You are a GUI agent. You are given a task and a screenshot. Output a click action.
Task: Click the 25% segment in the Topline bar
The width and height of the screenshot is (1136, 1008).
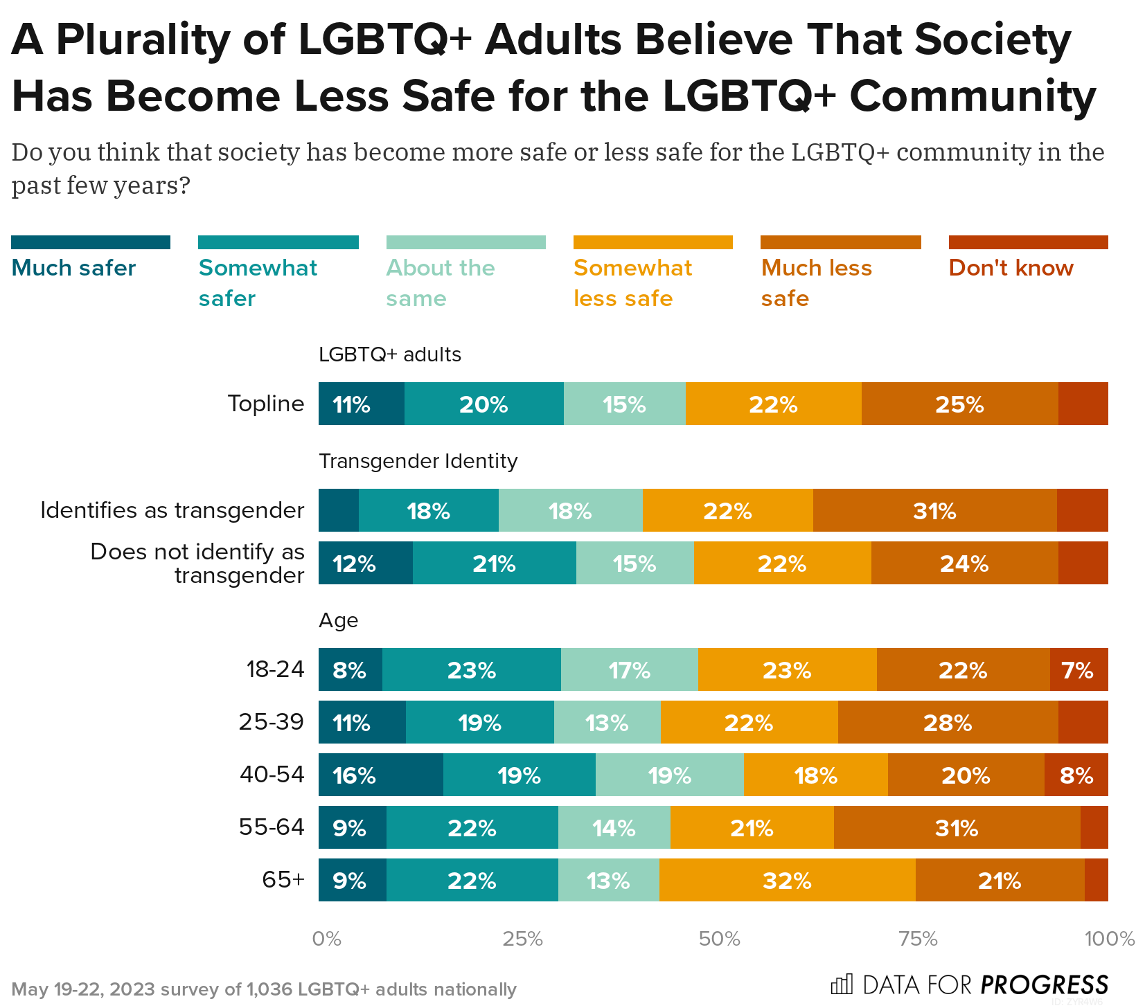click(959, 404)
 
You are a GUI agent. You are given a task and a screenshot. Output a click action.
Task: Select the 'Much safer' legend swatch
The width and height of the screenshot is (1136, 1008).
click(91, 242)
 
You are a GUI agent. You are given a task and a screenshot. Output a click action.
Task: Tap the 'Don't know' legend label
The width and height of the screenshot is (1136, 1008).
click(1011, 268)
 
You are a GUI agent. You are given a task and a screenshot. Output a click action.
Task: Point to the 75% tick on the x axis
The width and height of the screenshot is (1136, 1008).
click(918, 939)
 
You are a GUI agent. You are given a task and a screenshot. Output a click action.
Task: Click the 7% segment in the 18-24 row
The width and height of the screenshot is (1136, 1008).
click(1078, 670)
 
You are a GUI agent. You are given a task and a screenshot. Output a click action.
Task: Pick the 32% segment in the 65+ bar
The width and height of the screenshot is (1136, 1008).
click(787, 881)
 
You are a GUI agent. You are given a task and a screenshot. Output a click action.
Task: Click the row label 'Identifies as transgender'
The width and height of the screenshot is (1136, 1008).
click(172, 510)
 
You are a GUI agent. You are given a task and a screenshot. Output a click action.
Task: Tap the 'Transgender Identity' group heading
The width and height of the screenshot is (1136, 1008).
click(418, 461)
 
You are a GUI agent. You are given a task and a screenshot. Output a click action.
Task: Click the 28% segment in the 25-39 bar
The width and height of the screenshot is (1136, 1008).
click(948, 723)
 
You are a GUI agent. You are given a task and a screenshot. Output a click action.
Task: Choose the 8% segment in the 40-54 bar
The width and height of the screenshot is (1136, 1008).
click(1076, 775)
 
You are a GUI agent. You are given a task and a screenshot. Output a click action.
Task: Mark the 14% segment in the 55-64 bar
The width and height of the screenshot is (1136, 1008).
click(614, 828)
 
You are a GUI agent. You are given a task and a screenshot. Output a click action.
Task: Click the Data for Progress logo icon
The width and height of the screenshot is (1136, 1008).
click(842, 984)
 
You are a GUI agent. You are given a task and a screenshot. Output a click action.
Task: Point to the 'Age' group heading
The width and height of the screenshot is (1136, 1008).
click(338, 620)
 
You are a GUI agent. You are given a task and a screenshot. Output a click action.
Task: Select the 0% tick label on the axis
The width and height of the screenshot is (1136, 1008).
click(326, 939)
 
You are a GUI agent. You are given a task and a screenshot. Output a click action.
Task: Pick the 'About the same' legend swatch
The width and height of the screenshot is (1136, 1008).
click(465, 242)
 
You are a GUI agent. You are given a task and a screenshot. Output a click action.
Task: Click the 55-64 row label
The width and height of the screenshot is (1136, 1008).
click(272, 827)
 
